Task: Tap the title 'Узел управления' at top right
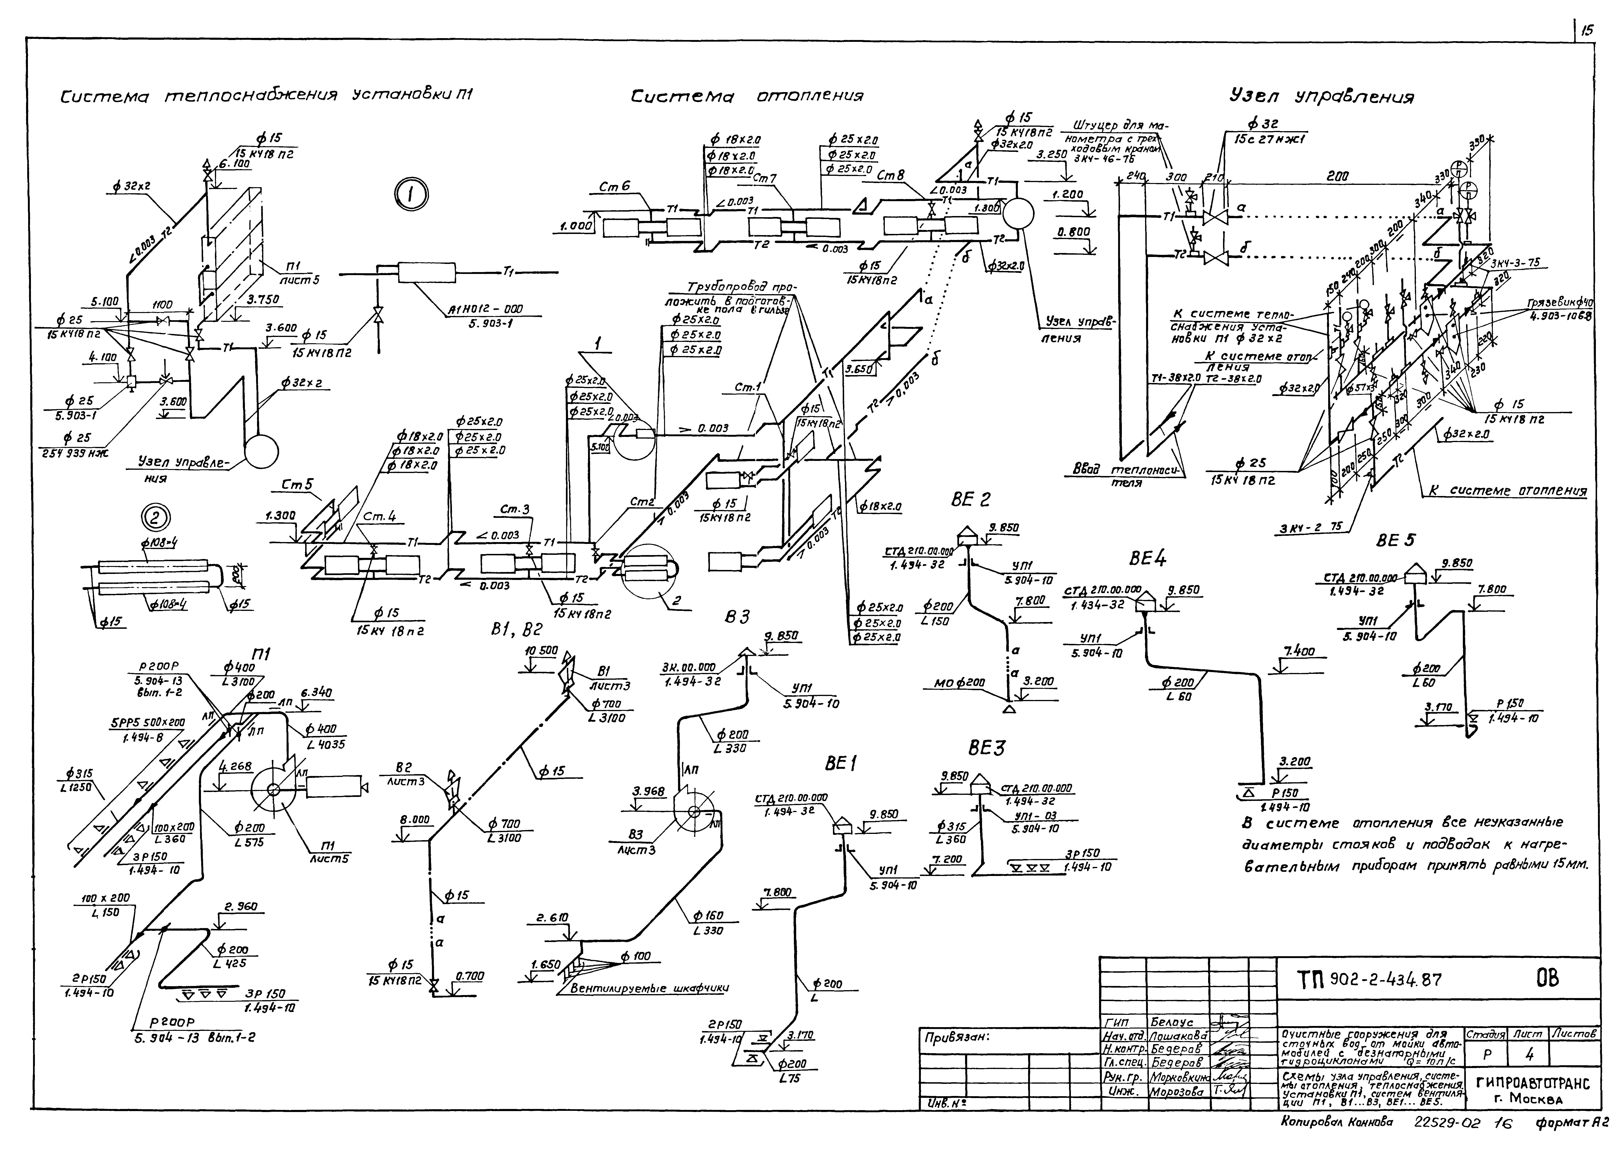(x=1321, y=97)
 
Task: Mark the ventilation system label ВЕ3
(x=986, y=748)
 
